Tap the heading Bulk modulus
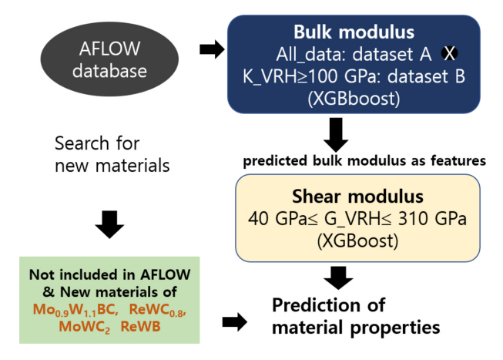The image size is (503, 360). pos(353,33)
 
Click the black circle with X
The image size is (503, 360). pos(449,52)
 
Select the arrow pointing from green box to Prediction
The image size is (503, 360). pos(234,322)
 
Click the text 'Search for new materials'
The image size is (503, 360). pos(112,154)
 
